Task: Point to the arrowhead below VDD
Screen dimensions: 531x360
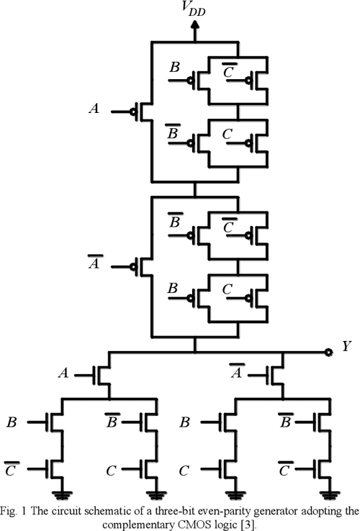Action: click(194, 25)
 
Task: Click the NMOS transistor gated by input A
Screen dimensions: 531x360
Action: click(104, 374)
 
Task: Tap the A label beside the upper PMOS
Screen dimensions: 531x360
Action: click(93, 109)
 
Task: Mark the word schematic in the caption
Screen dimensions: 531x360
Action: click(108, 510)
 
